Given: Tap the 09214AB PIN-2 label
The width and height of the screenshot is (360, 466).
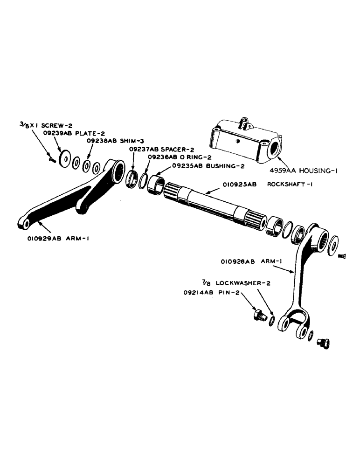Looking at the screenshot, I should pyautogui.click(x=206, y=294).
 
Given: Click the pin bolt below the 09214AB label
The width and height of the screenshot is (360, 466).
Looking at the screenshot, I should pyautogui.click(x=258, y=316).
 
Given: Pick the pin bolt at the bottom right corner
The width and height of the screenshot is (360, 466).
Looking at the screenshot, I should pyautogui.click(x=322, y=343).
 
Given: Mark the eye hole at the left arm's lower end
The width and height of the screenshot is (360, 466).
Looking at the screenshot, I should pyautogui.click(x=26, y=224).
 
